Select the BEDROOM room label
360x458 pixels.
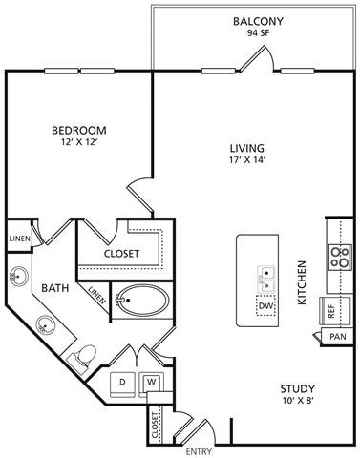coord(79,130)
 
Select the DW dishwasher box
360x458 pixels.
coord(267,307)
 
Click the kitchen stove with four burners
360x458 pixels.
coord(340,256)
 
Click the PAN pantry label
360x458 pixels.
coord(338,337)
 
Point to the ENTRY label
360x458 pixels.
coord(199,451)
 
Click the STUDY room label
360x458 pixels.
coord(298,388)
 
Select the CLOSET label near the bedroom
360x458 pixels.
coord(122,255)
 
